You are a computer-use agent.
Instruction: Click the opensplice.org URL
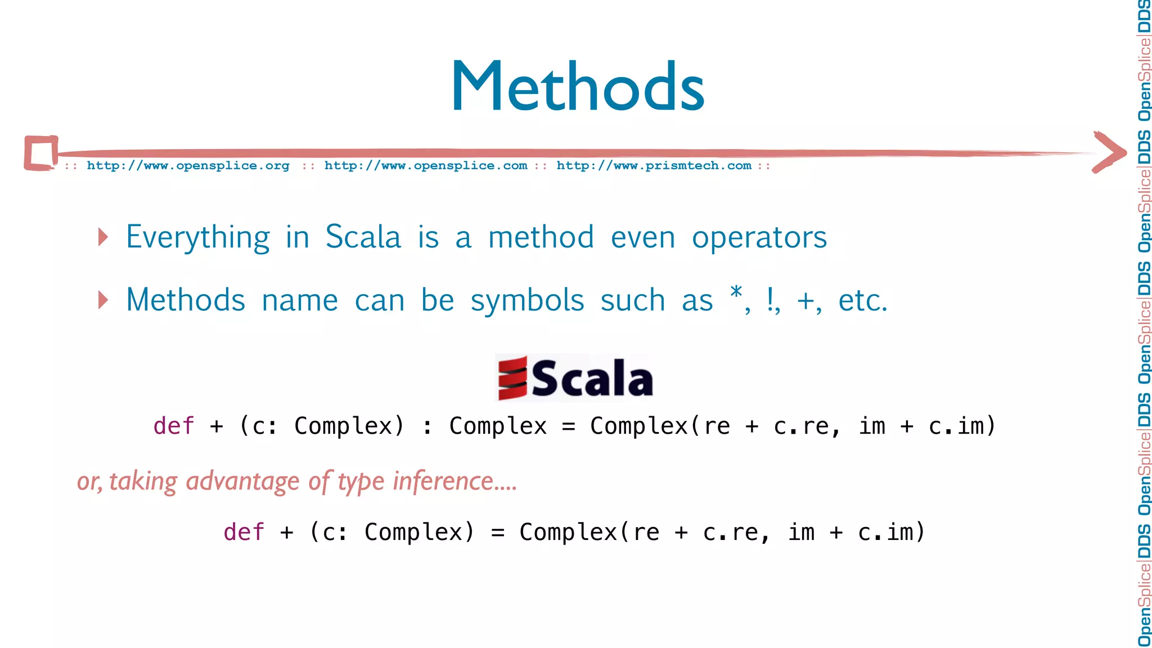tap(188, 165)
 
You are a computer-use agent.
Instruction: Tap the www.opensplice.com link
tap(425, 165)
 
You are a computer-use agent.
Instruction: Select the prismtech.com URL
tap(654, 165)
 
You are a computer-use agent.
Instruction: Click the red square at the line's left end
tap(41, 152)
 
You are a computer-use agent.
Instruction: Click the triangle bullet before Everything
tap(102, 237)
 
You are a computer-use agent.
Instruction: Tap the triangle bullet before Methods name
tap(102, 300)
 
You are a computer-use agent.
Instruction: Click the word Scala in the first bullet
tap(363, 237)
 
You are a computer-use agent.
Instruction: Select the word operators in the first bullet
tap(759, 237)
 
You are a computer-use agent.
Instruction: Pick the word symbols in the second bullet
tap(527, 300)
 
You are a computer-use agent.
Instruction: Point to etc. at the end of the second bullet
tap(862, 300)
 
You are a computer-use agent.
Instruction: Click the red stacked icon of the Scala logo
tap(512, 378)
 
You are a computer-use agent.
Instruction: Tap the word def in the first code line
tap(173, 426)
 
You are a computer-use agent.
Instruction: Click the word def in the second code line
tap(244, 532)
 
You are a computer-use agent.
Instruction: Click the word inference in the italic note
tap(454, 481)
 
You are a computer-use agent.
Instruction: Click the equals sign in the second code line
tap(497, 533)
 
